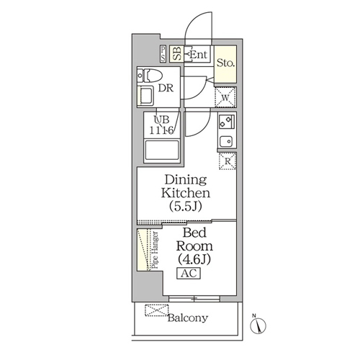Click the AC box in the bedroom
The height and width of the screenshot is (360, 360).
tap(189, 273)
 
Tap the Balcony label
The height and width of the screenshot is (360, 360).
tap(188, 318)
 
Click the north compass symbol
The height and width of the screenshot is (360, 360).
tap(258, 325)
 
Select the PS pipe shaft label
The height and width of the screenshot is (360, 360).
tap(163, 54)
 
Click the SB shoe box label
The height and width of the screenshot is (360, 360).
tap(177, 54)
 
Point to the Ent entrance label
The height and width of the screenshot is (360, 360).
tap(198, 55)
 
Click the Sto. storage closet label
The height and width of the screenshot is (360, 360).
tap(225, 63)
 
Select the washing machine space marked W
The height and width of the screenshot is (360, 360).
tap(225, 97)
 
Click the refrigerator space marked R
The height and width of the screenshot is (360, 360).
tap(228, 161)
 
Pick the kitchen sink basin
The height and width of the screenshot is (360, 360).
tap(226, 141)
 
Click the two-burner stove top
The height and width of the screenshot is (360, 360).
tap(227, 122)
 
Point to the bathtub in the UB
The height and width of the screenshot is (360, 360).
tap(162, 150)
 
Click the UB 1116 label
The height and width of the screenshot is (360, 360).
tap(161, 125)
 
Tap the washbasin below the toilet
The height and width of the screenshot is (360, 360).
tap(146, 96)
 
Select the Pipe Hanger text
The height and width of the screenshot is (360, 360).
tap(156, 250)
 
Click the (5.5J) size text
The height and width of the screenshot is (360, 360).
tap(185, 206)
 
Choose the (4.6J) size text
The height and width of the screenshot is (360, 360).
tap(194, 258)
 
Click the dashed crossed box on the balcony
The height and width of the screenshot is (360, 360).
tap(157, 310)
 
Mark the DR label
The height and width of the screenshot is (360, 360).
tap(166, 88)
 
